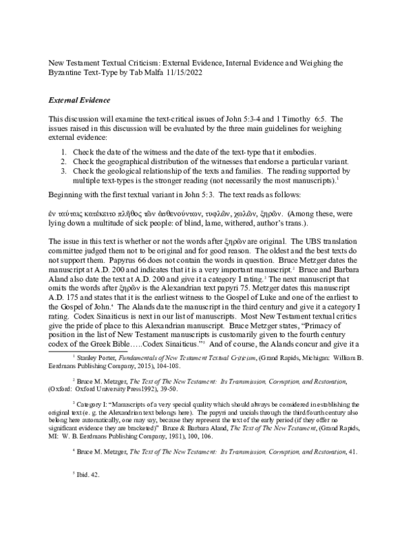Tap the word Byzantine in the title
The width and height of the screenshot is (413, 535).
click(67, 72)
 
